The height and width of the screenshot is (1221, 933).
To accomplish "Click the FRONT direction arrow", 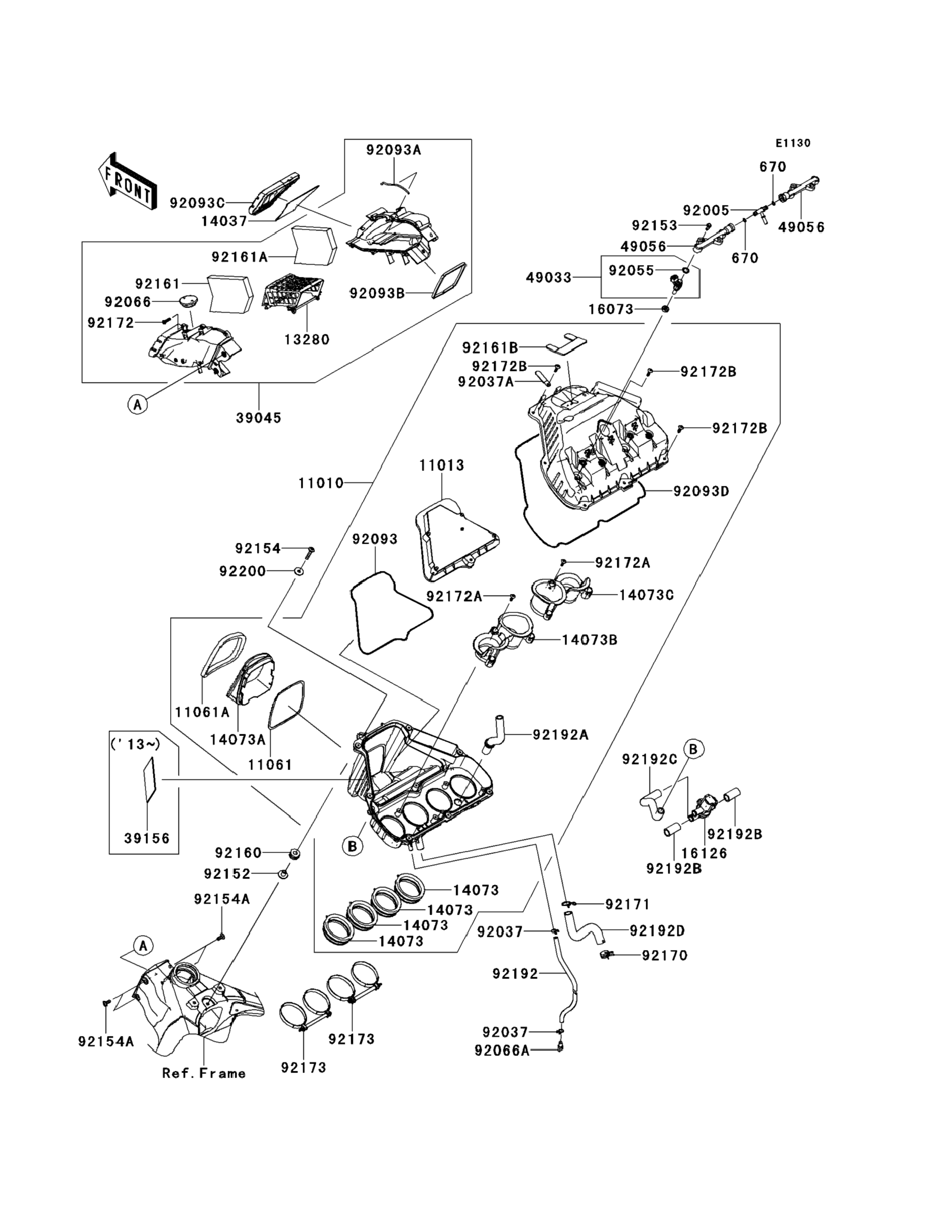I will point(127,181).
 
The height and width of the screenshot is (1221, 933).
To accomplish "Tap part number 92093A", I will point(393,150).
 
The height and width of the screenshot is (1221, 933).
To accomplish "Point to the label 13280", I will point(307,339).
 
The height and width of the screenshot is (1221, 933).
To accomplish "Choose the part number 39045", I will point(258,418).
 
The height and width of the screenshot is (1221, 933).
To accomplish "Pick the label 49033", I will point(549,278).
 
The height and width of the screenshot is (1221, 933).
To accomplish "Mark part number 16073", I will point(611,309).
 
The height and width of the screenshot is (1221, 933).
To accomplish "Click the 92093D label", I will point(701,491).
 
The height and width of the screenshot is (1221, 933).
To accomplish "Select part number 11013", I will point(442,466).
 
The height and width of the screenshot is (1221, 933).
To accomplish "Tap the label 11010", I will point(321,483).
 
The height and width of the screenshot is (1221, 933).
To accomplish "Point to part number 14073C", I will point(647,595).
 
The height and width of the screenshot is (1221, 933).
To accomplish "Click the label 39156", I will point(147,838).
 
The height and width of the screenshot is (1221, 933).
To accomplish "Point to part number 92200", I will point(242,571).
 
